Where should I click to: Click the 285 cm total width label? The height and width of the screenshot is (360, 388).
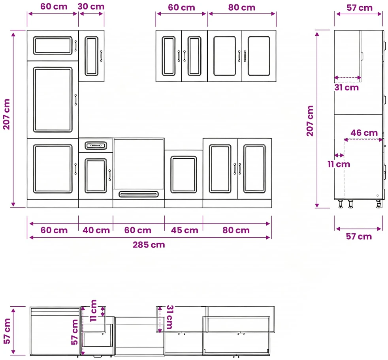point(149,245)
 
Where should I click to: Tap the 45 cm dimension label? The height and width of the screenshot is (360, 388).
point(185,231)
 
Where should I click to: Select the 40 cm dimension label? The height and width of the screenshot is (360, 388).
point(96,231)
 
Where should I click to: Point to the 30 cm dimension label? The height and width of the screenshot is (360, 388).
point(91,7)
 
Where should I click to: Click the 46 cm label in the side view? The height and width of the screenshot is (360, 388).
point(364,133)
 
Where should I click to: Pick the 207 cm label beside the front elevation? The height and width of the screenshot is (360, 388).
point(7,114)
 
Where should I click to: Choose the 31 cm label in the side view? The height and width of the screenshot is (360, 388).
point(347,88)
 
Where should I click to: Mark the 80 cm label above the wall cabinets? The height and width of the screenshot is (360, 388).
point(241,7)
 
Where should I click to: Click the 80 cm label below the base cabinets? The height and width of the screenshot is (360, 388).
point(236,231)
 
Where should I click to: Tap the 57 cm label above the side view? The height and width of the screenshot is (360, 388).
point(359,8)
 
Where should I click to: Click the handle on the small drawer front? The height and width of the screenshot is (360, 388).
point(96,146)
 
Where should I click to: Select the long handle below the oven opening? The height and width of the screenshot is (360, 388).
point(139,194)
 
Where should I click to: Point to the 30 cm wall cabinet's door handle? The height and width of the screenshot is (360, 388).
point(101,56)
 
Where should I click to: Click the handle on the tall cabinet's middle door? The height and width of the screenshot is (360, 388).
point(75,99)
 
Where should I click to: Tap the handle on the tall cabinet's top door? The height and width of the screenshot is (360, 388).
point(75,46)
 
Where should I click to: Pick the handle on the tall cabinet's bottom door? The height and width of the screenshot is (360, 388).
point(75,169)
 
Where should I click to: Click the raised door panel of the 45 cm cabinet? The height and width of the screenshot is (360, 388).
point(183,174)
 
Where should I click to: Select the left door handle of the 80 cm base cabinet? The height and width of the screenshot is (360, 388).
point(235,169)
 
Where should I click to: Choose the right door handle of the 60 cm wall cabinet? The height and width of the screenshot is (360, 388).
point(185,56)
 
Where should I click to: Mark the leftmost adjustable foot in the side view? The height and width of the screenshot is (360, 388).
point(341,204)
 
